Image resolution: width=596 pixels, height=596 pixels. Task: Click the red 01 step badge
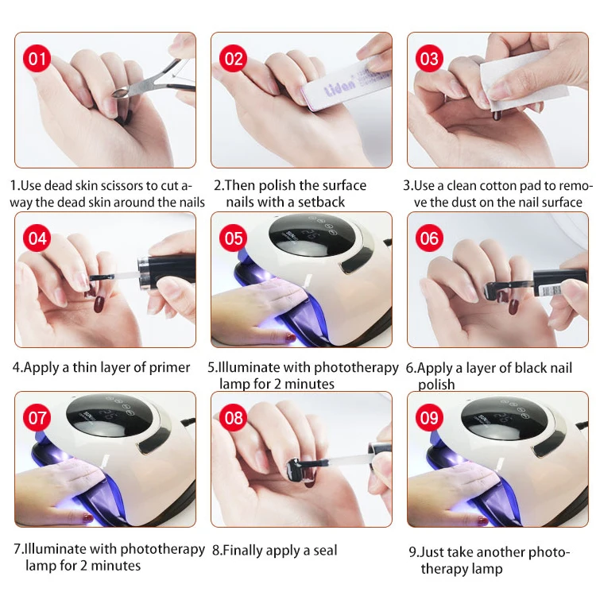[37, 59]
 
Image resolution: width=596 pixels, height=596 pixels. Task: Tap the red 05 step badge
[234, 238]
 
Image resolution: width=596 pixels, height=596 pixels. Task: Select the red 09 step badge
[429, 418]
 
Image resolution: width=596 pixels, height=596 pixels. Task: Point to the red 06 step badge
[429, 238]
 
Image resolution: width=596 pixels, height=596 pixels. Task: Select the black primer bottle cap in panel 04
[167, 270]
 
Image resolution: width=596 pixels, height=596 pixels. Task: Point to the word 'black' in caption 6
[531, 368]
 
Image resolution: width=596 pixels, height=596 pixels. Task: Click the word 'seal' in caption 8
[324, 550]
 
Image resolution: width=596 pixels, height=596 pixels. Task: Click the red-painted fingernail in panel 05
[291, 337]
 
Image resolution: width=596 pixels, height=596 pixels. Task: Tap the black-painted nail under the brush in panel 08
[296, 470]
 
